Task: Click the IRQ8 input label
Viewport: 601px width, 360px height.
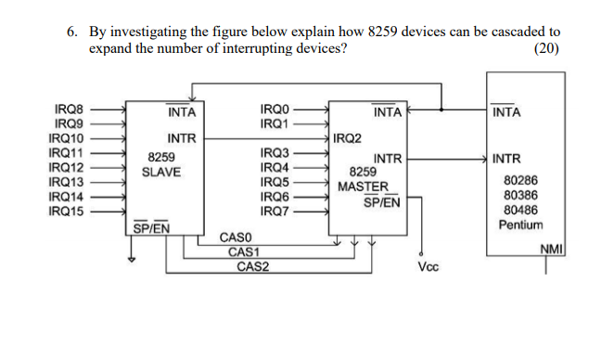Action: click(x=69, y=109)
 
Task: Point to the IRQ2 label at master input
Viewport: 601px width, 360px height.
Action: click(x=349, y=138)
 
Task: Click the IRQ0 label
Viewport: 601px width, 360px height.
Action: click(x=275, y=109)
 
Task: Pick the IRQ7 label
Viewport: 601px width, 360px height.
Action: click(x=275, y=212)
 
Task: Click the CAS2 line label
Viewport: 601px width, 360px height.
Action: click(x=252, y=267)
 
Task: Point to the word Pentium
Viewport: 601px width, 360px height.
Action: click(x=520, y=225)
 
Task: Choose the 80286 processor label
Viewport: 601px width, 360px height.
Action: click(x=520, y=180)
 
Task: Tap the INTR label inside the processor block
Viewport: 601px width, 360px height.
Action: click(x=506, y=159)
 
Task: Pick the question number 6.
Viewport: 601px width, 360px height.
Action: click(x=72, y=31)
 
